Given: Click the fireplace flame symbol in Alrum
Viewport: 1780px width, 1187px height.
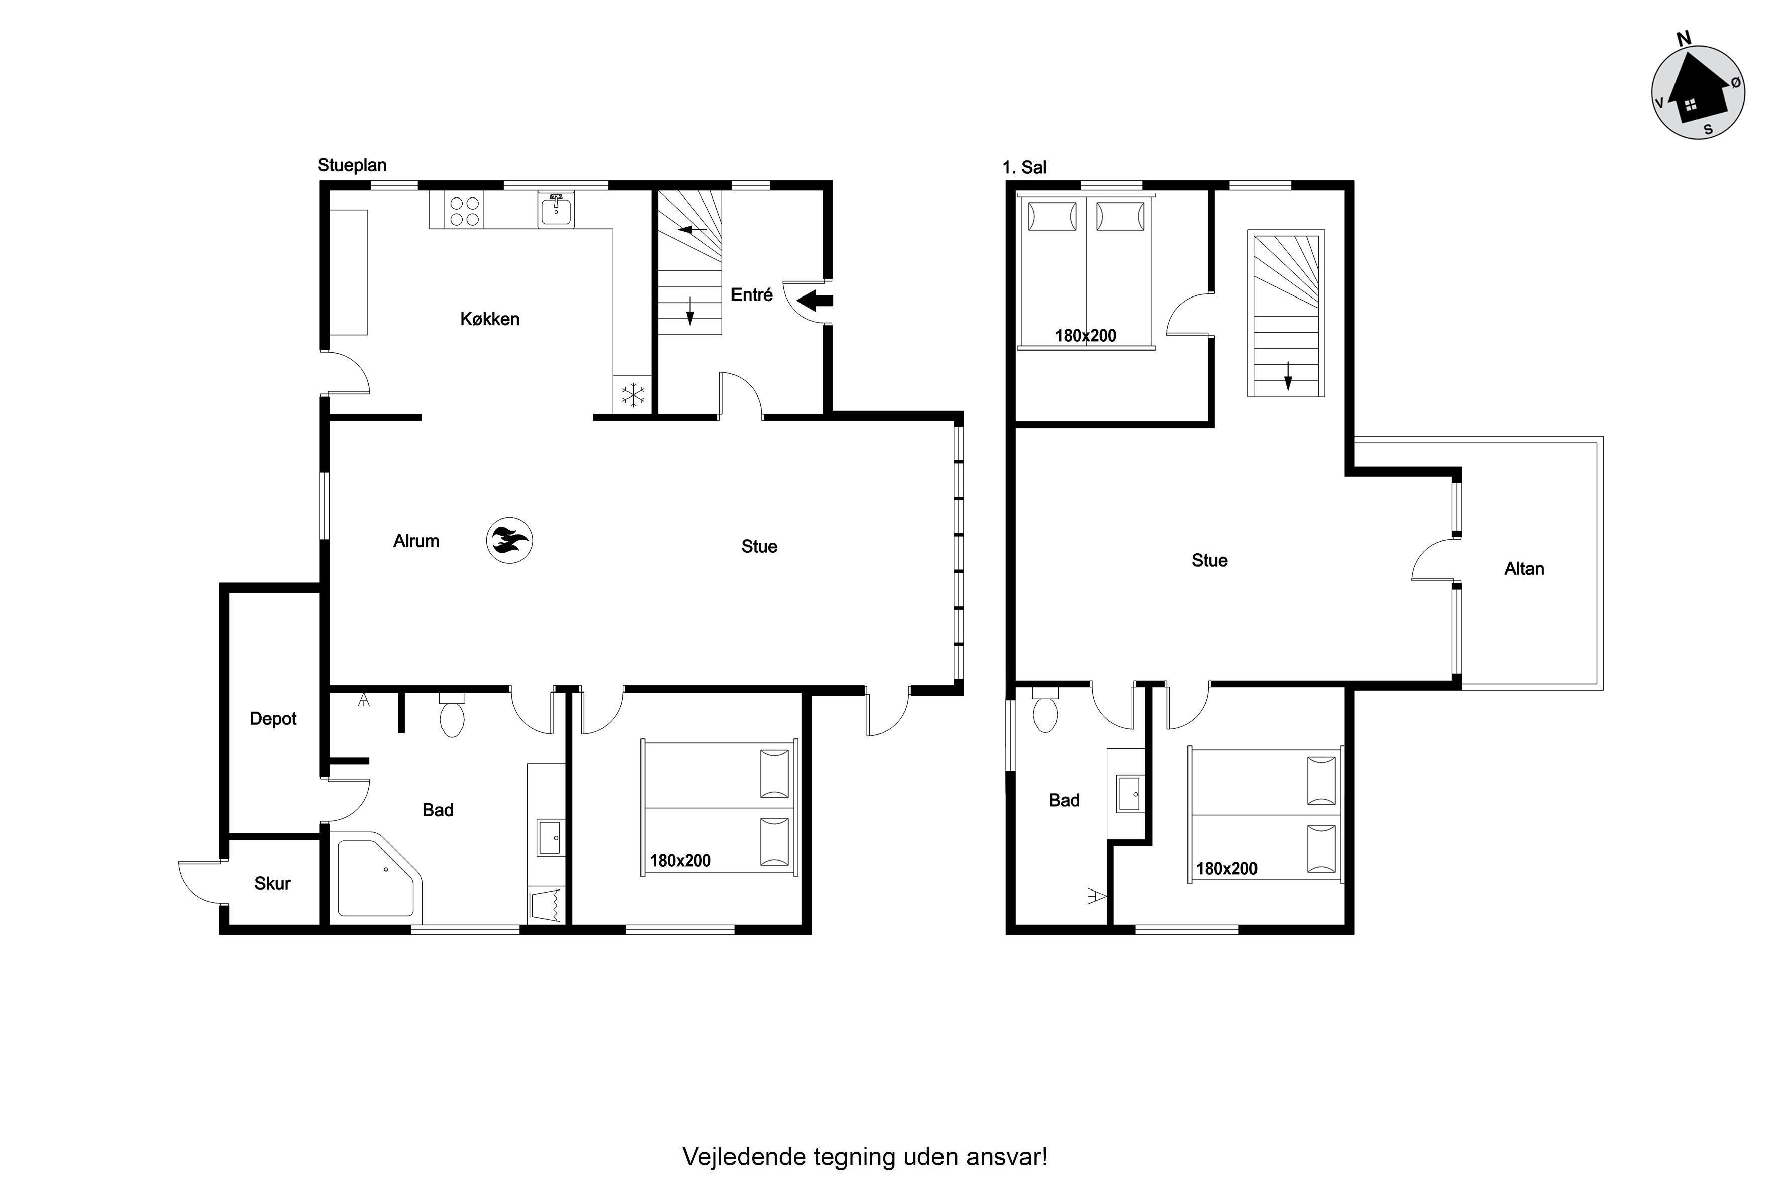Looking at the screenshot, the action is coord(509,541).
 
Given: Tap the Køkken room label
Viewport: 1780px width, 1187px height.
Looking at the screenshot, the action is coord(490,319).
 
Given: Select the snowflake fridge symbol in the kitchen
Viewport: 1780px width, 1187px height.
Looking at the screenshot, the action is coord(633,394).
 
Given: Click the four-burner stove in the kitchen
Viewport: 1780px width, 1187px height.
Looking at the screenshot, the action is coord(465,211).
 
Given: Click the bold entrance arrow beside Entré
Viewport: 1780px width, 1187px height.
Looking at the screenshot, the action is coord(815,301).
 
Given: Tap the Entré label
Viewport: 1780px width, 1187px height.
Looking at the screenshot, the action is coord(752,294).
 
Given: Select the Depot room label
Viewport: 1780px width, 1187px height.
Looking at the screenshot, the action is coord(273,719).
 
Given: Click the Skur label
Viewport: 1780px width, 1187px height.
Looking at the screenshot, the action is coord(272,883).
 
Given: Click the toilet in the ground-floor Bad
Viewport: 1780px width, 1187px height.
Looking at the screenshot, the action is coord(452,714).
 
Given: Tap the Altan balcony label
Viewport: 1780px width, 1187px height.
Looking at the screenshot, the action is coord(1524,568).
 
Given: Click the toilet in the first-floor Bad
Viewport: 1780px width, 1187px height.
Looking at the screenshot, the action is coord(1045,710).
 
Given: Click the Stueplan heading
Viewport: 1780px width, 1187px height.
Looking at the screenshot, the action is coord(352,165).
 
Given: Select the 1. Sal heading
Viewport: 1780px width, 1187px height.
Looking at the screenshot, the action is coord(1025,167).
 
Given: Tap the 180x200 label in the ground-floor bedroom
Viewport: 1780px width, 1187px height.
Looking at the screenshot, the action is coord(680,861).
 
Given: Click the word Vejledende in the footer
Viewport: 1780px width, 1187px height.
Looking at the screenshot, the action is coord(745,1157).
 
